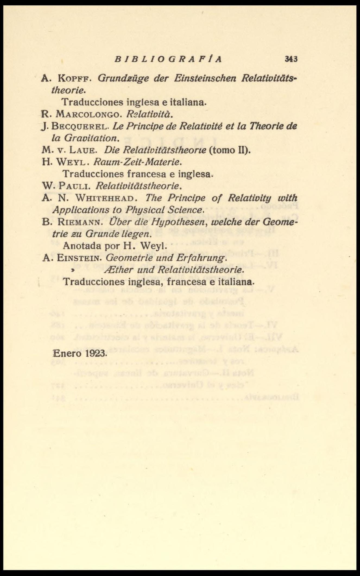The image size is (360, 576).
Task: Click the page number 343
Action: point(291,59)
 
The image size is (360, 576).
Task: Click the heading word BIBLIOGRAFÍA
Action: point(168,59)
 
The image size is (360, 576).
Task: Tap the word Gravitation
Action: point(91,138)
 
